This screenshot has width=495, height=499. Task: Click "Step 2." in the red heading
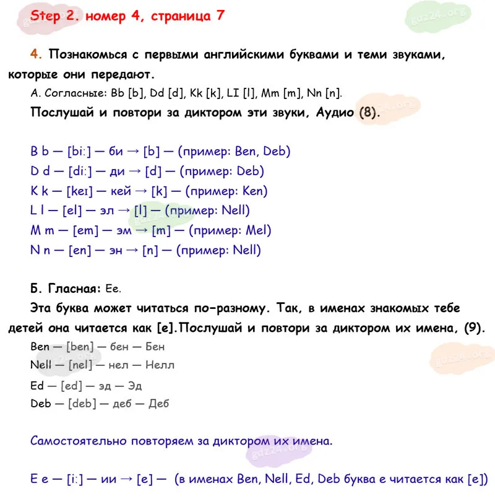coord(54,16)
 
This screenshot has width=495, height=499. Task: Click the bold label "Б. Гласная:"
coord(65,288)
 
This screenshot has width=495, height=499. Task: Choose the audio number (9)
coord(473,327)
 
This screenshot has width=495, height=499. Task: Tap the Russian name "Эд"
coord(134,385)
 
